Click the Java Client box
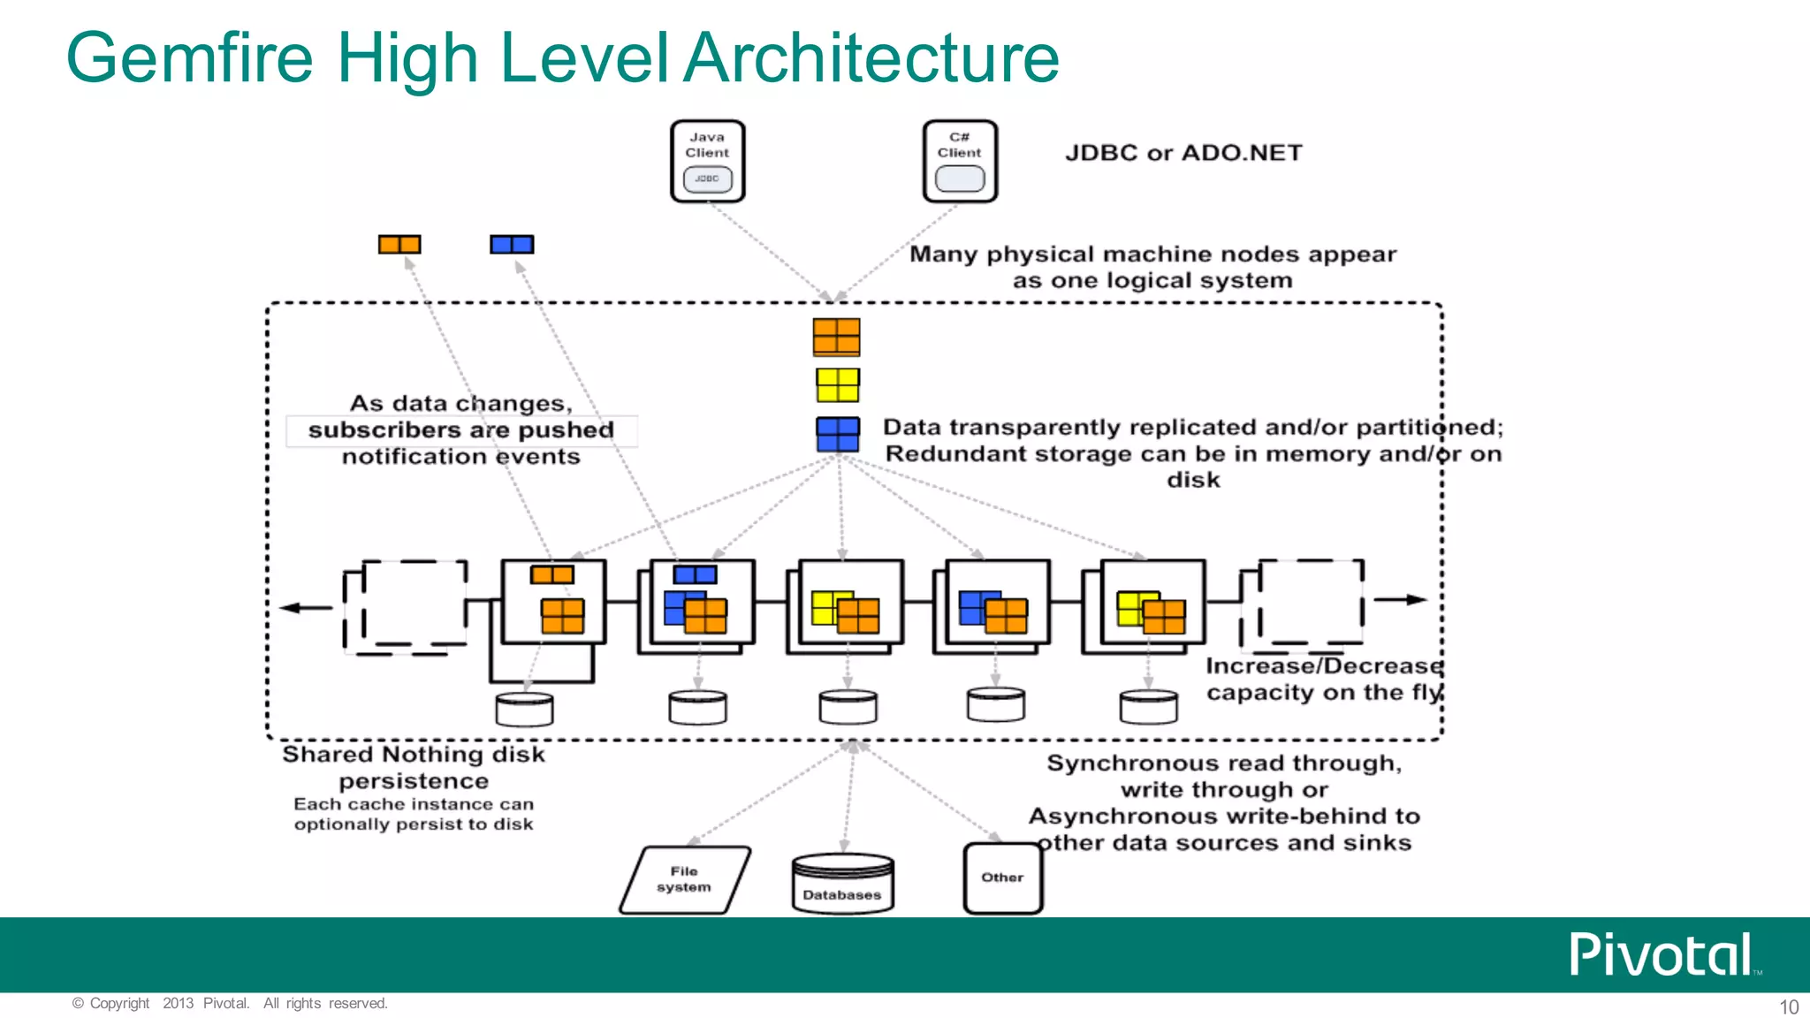click(707, 162)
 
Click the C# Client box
click(960, 162)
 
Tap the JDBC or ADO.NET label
click(1183, 153)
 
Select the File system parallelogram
click(685, 879)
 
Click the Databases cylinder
click(842, 883)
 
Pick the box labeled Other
click(1002, 877)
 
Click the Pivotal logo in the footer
click(1662, 955)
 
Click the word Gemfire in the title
click(190, 58)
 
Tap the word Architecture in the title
click(871, 58)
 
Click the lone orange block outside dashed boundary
click(399, 244)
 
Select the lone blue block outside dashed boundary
click(512, 244)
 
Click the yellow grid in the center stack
click(837, 385)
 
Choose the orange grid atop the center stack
click(836, 337)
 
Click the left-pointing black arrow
click(305, 607)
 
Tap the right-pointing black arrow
click(1400, 599)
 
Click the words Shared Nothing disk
click(413, 755)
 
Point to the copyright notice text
click(230, 1003)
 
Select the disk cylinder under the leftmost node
click(524, 709)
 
